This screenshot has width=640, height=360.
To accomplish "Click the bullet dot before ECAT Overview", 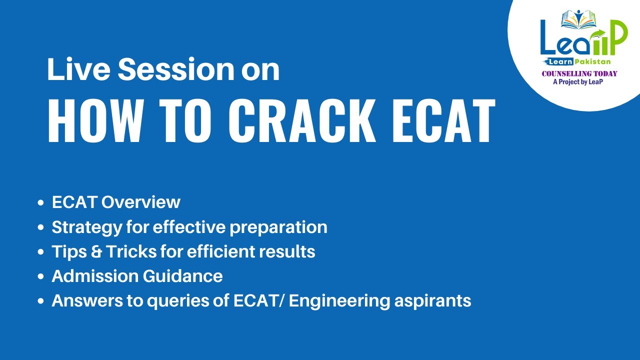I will click(41, 203).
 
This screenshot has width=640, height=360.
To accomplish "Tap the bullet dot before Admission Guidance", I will click(41, 276).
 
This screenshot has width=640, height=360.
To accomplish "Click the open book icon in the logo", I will click(579, 19).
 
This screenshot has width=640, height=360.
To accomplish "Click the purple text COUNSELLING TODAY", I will click(579, 73).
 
